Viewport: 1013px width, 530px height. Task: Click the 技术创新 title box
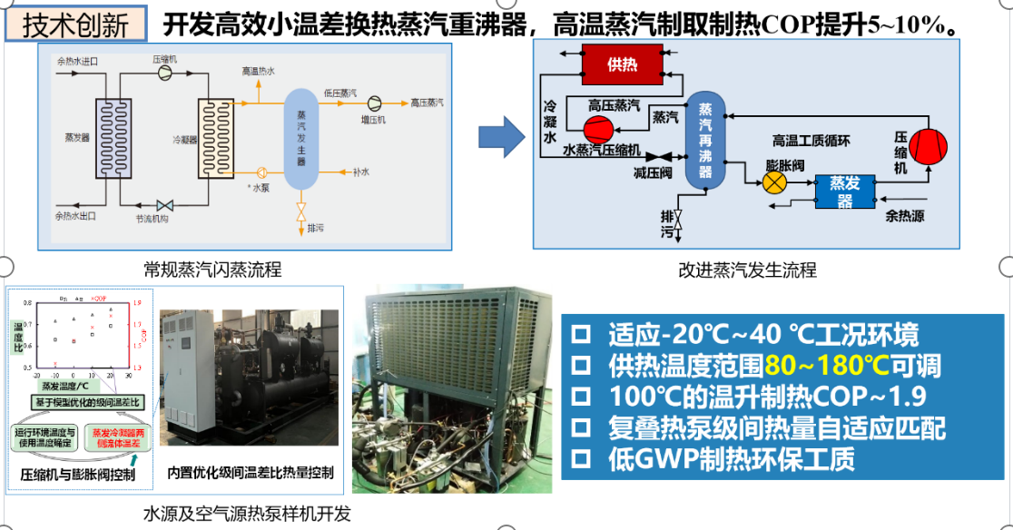coord(75,25)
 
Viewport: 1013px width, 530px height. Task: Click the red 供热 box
coord(622,64)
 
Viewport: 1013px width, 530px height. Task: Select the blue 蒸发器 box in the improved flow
coord(844,191)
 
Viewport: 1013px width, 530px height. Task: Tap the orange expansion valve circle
coord(774,183)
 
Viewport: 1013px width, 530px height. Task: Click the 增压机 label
coord(374,119)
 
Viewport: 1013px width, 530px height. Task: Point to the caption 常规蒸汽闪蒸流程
coord(212,270)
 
